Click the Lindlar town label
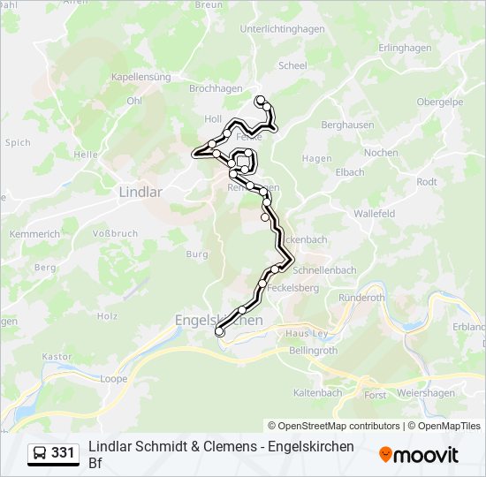click(140, 191)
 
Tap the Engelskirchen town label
click(218, 320)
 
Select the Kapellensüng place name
click(140, 77)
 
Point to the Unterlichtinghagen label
click(282, 28)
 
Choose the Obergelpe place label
click(439, 102)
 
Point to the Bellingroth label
click(314, 351)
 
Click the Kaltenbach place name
click(317, 392)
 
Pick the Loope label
click(113, 378)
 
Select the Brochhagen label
click(216, 89)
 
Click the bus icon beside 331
click(40, 453)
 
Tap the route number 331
click(63, 453)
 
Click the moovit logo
click(419, 454)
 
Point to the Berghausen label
click(346, 125)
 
